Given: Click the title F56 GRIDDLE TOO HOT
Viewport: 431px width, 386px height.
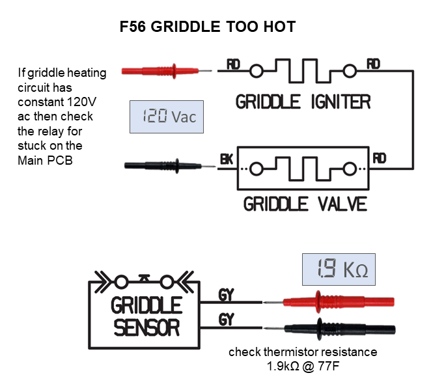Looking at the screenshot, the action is [208, 27].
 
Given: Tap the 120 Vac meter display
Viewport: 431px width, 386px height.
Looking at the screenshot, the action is [167, 117].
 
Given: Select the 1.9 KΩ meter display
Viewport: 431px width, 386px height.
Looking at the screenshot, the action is [339, 269].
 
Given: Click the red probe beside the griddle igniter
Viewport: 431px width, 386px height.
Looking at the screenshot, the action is [167, 72].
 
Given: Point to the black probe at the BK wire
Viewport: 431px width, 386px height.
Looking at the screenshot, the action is [169, 166].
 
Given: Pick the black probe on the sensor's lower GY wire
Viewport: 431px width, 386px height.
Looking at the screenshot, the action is [329, 329].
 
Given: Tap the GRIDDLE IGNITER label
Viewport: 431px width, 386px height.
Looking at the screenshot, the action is [303, 102].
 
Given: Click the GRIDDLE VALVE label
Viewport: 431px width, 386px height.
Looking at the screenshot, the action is [305, 204].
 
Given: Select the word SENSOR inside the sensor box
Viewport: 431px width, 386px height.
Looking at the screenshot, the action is [146, 328].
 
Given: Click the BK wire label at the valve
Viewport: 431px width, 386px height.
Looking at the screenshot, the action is [227, 159].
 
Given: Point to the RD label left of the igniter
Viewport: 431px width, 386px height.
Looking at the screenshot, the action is [233, 64].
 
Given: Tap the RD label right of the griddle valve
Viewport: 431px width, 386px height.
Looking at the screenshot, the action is [380, 159].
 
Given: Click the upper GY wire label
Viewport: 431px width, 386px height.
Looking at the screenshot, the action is [226, 295].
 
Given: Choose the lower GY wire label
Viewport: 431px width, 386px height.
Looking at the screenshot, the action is [226, 319].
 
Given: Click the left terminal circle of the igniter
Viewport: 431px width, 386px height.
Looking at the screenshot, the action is [257, 71].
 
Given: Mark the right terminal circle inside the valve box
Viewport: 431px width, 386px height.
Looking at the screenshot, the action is [350, 169].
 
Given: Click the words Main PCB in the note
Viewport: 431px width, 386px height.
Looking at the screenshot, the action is [45, 160].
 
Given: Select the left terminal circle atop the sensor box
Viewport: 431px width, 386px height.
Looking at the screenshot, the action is [121, 282].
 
